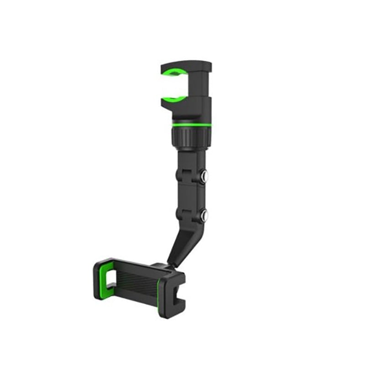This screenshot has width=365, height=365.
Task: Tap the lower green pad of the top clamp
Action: click(173, 97)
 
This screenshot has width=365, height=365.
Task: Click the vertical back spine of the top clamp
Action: click(201, 87)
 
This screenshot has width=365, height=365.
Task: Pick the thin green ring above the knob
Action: click(192, 125)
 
